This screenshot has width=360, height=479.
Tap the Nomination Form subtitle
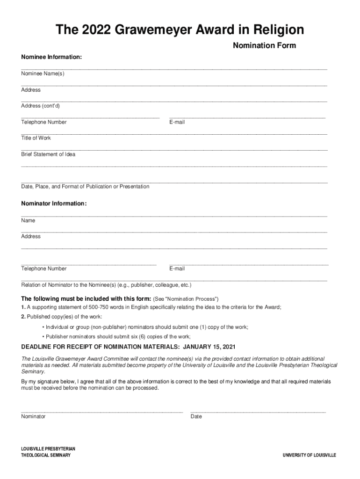click(x=264, y=46)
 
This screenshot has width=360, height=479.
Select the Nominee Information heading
click(x=51, y=57)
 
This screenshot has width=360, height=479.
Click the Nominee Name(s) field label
click(x=43, y=74)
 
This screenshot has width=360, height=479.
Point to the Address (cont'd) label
click(x=40, y=106)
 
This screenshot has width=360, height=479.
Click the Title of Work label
click(x=36, y=138)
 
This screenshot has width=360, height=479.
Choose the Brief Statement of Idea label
click(x=48, y=154)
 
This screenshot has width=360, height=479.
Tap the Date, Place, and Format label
click(x=85, y=187)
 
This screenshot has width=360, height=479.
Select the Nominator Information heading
click(x=54, y=203)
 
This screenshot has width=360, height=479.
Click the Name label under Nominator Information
click(x=28, y=220)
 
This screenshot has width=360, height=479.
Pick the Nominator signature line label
click(x=33, y=416)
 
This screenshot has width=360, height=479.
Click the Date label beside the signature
click(x=196, y=416)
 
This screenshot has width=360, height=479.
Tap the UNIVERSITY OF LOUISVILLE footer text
click(x=309, y=456)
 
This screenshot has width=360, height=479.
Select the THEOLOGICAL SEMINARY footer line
click(x=46, y=456)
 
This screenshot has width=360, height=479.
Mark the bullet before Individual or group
click(x=43, y=327)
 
